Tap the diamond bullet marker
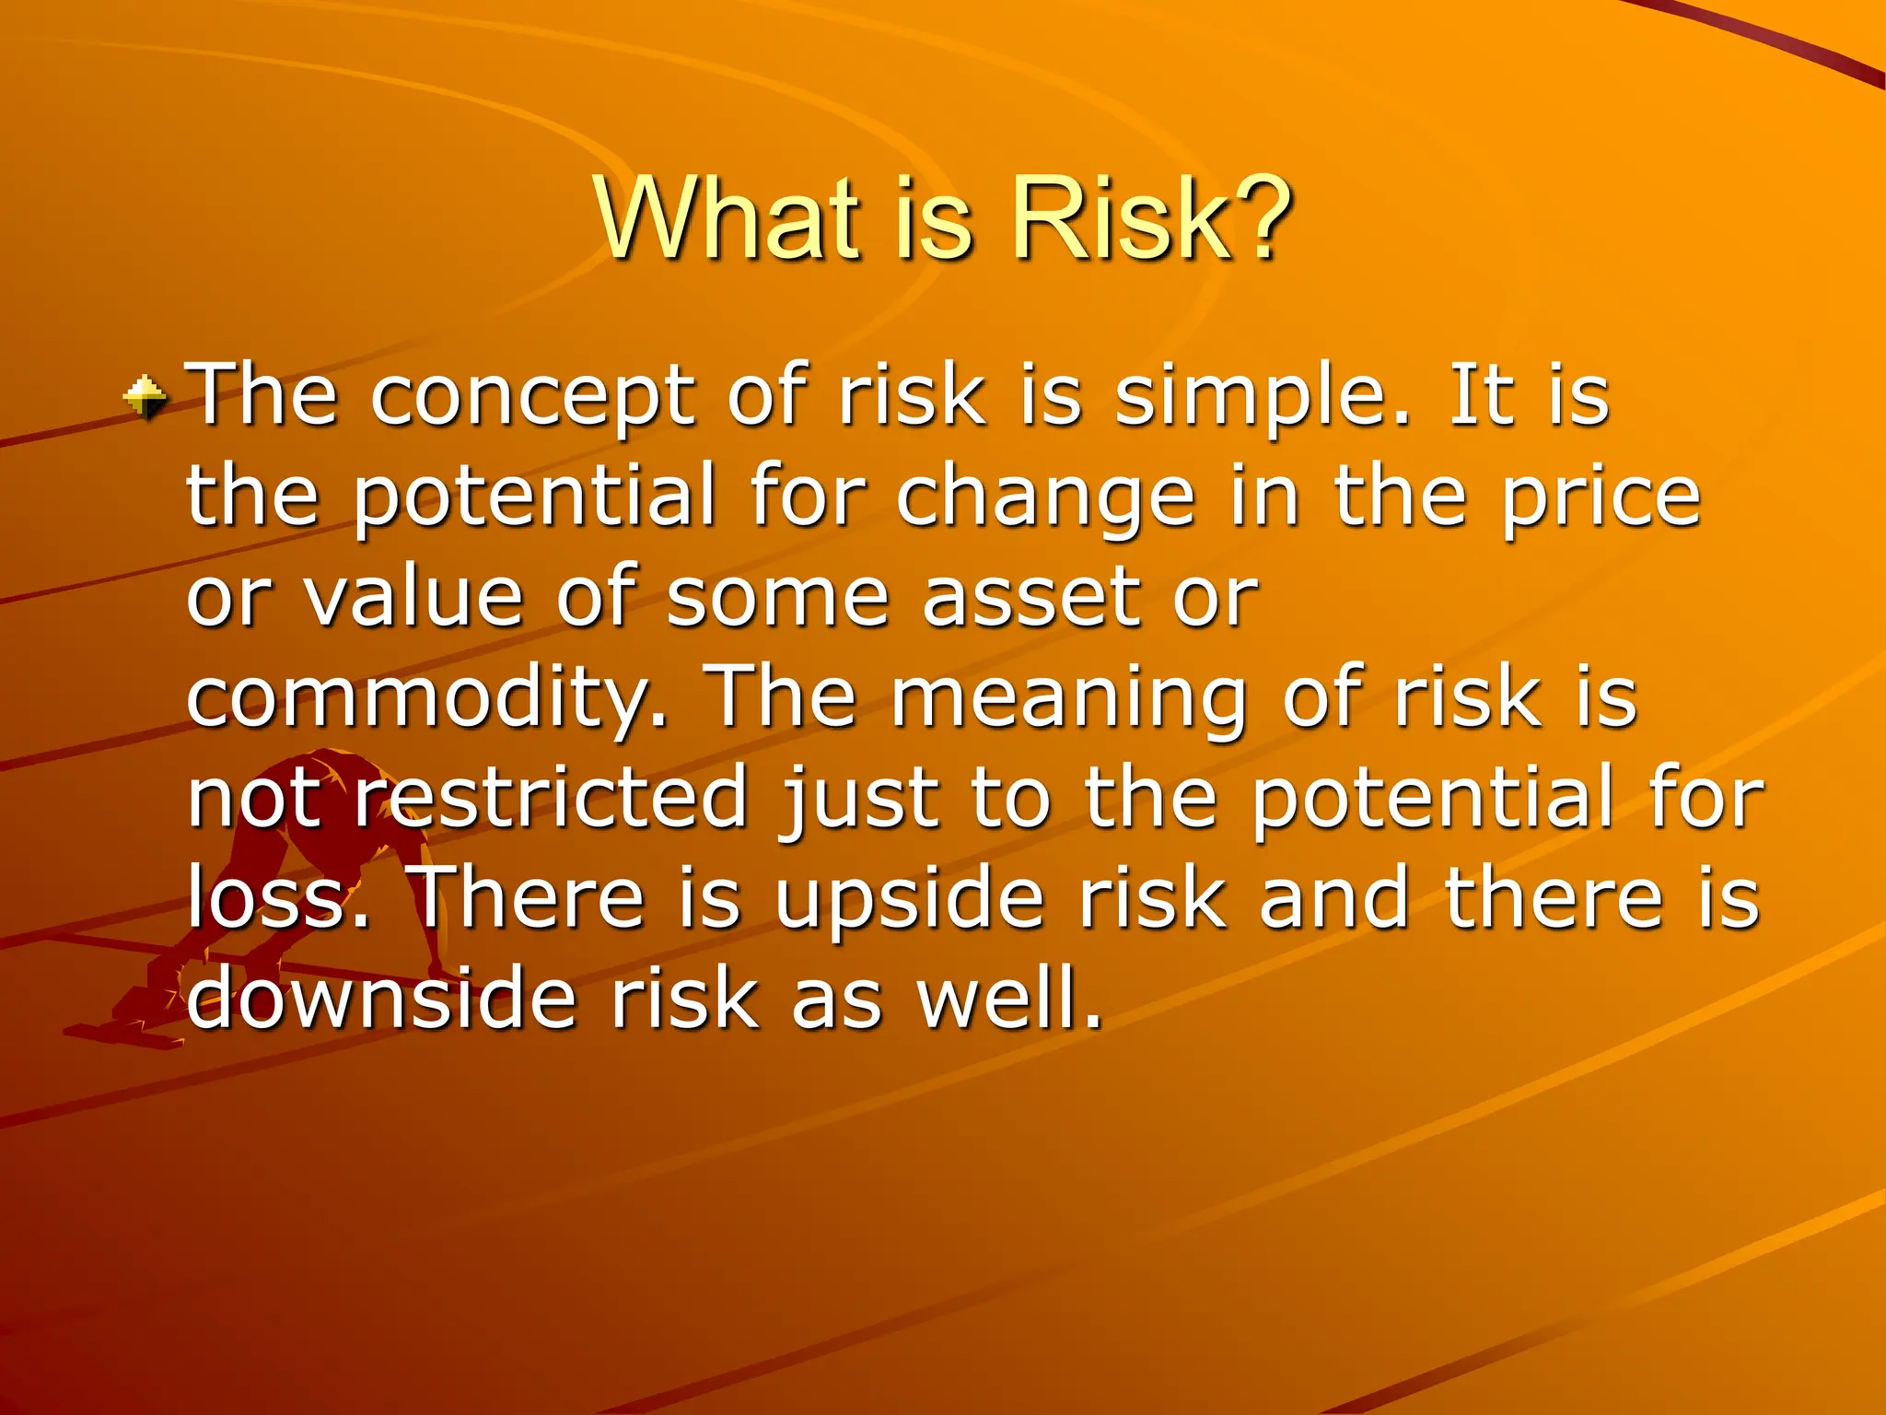[146, 399]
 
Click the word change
[1044, 498]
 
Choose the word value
[414, 598]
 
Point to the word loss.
[277, 898]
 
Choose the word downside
[381, 999]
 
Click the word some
[777, 598]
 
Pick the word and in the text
[1334, 898]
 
